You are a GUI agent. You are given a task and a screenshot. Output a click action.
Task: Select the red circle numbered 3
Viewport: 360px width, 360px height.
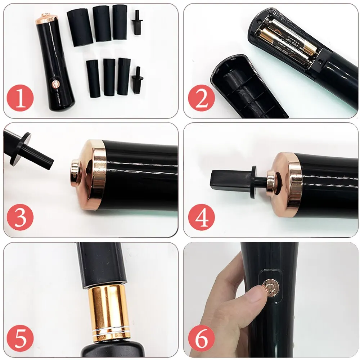tap(20, 218)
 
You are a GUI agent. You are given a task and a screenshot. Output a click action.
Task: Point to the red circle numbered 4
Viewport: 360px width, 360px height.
tap(201, 218)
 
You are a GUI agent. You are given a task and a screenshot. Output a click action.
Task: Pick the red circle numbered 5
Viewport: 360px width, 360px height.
tap(20, 338)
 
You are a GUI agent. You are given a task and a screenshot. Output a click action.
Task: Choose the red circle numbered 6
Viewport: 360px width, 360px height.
tap(201, 338)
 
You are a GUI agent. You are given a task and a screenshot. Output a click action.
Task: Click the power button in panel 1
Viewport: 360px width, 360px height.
tap(55, 84)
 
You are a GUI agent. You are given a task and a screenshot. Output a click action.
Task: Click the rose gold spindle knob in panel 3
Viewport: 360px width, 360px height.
tap(76, 170)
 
